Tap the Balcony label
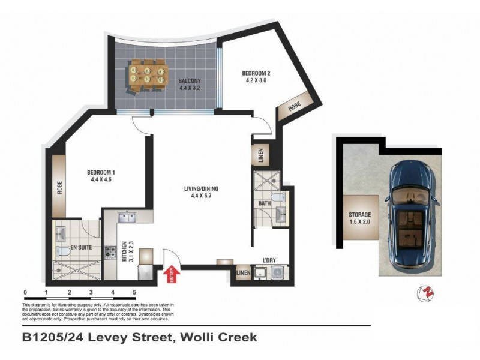[x=189, y=85]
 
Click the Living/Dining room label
[x=201, y=192]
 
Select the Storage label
[x=360, y=218]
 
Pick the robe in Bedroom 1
[x=59, y=187]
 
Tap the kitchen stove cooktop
[x=110, y=253]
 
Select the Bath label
[x=265, y=204]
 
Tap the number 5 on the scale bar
[x=134, y=292]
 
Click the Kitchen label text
[x=125, y=252]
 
